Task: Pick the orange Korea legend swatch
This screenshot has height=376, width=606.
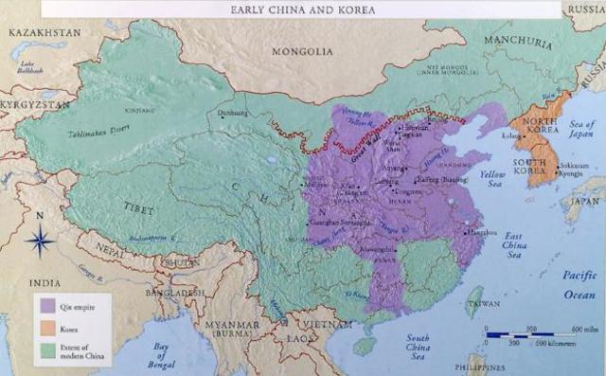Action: (47, 330)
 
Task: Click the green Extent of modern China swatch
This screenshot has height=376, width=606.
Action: (47, 352)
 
